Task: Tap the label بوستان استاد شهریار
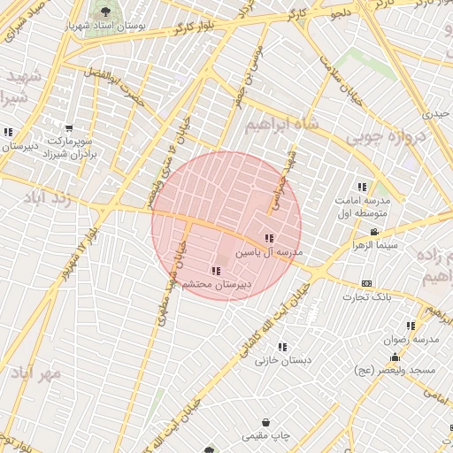pyautogui.click(x=105, y=27)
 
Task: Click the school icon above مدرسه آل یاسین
pyautogui.click(x=269, y=238)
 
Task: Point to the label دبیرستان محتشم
pyautogui.click(x=217, y=285)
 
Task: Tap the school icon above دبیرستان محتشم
pyautogui.click(x=217, y=271)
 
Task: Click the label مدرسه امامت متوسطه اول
pyautogui.click(x=364, y=207)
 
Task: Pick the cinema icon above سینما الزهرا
pyautogui.click(x=374, y=232)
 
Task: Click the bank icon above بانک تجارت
pyautogui.click(x=367, y=283)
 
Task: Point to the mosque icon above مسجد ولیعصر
pyautogui.click(x=395, y=357)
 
